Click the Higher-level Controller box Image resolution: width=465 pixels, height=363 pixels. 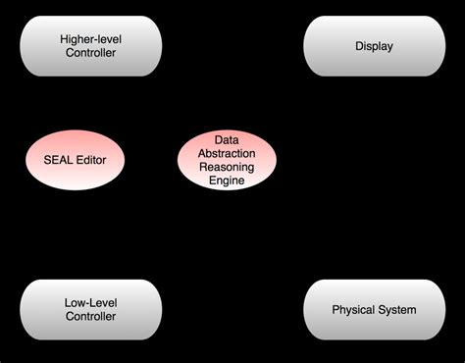coord(90,45)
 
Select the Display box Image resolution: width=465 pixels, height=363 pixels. coord(374,45)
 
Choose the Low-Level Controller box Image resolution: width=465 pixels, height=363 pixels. coord(90,309)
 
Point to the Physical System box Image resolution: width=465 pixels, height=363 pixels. coord(374,309)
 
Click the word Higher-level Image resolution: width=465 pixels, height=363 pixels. coord(90,38)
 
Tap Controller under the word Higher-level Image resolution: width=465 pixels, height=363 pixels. coord(90,53)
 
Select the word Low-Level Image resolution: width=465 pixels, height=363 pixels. coord(90,302)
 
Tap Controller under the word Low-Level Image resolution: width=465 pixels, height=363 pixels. coord(90,317)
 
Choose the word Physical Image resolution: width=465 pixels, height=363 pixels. coord(353,310)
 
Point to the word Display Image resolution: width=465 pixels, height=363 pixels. coord(374,45)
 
